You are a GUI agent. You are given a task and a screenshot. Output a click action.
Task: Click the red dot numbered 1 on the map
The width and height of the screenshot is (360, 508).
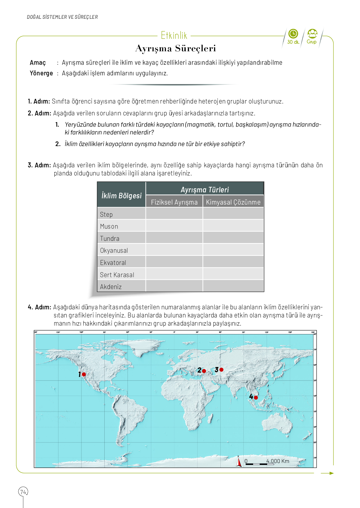[x=84, y=374]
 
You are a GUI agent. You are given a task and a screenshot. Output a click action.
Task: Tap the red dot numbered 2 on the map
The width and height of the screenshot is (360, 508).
[x=204, y=371]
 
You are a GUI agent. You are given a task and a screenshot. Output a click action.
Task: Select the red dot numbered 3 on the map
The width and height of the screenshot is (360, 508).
[x=222, y=370]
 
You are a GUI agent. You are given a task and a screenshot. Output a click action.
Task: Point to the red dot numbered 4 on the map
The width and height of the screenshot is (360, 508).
[x=256, y=398]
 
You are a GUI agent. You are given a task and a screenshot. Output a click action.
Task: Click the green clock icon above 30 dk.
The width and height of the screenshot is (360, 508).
[x=293, y=33]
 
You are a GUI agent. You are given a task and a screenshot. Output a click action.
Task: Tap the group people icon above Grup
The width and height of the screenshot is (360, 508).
[x=312, y=33]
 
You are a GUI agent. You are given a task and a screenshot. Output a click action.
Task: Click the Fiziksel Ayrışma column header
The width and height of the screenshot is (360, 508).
[x=174, y=202]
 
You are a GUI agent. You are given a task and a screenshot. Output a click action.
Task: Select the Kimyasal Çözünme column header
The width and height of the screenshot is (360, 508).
[x=233, y=202]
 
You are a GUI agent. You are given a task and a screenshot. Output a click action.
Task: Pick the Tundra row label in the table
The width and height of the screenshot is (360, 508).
[x=110, y=238]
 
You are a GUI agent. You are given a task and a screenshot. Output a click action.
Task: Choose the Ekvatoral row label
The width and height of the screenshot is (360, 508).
[x=113, y=263]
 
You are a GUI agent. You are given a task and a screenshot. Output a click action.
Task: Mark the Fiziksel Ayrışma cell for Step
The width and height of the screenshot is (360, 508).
[x=174, y=214]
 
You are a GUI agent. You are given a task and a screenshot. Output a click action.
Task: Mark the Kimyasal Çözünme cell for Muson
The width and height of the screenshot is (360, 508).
[x=233, y=226]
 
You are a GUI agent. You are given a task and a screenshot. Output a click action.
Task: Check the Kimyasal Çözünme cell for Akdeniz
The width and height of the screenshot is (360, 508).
[x=233, y=286]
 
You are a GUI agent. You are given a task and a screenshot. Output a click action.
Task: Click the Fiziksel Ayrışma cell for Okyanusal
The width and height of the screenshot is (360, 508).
[x=174, y=250]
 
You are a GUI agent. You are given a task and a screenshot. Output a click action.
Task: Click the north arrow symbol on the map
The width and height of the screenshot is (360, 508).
[x=239, y=462]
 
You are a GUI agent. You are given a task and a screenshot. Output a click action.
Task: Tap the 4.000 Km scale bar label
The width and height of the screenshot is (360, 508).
[x=277, y=461]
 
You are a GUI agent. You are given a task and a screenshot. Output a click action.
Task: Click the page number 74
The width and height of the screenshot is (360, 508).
[x=23, y=492]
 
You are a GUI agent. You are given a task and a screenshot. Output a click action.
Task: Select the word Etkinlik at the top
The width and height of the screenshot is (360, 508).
[x=174, y=36]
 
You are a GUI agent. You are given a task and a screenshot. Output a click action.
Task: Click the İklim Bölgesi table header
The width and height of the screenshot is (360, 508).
[x=122, y=196]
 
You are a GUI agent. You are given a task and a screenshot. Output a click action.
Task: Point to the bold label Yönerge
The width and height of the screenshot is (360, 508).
[x=41, y=73]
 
